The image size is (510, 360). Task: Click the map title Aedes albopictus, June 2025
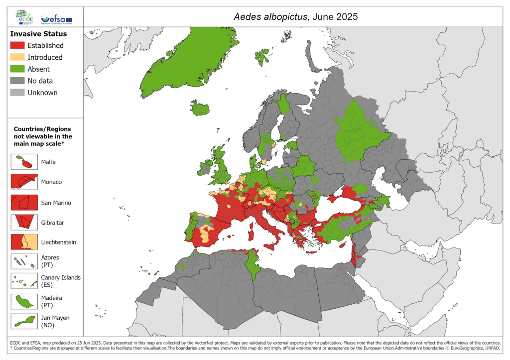[295, 16]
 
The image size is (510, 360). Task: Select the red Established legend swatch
[17, 45]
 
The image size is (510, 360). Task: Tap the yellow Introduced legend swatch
[17, 57]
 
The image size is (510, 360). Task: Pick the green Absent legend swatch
[17, 69]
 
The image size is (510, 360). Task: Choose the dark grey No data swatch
[17, 81]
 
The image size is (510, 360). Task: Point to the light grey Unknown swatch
[17, 93]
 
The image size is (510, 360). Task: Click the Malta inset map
[24, 162]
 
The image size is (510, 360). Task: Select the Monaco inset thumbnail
[24, 182]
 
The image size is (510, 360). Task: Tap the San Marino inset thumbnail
[24, 202]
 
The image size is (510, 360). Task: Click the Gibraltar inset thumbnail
[24, 222]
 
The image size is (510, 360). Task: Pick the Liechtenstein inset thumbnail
[24, 242]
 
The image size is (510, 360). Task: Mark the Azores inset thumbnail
[24, 261]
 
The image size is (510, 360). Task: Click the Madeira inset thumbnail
[24, 301]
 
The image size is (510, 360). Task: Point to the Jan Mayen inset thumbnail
[24, 321]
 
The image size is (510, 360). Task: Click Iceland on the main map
[200, 108]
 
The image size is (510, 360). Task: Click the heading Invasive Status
[38, 34]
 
